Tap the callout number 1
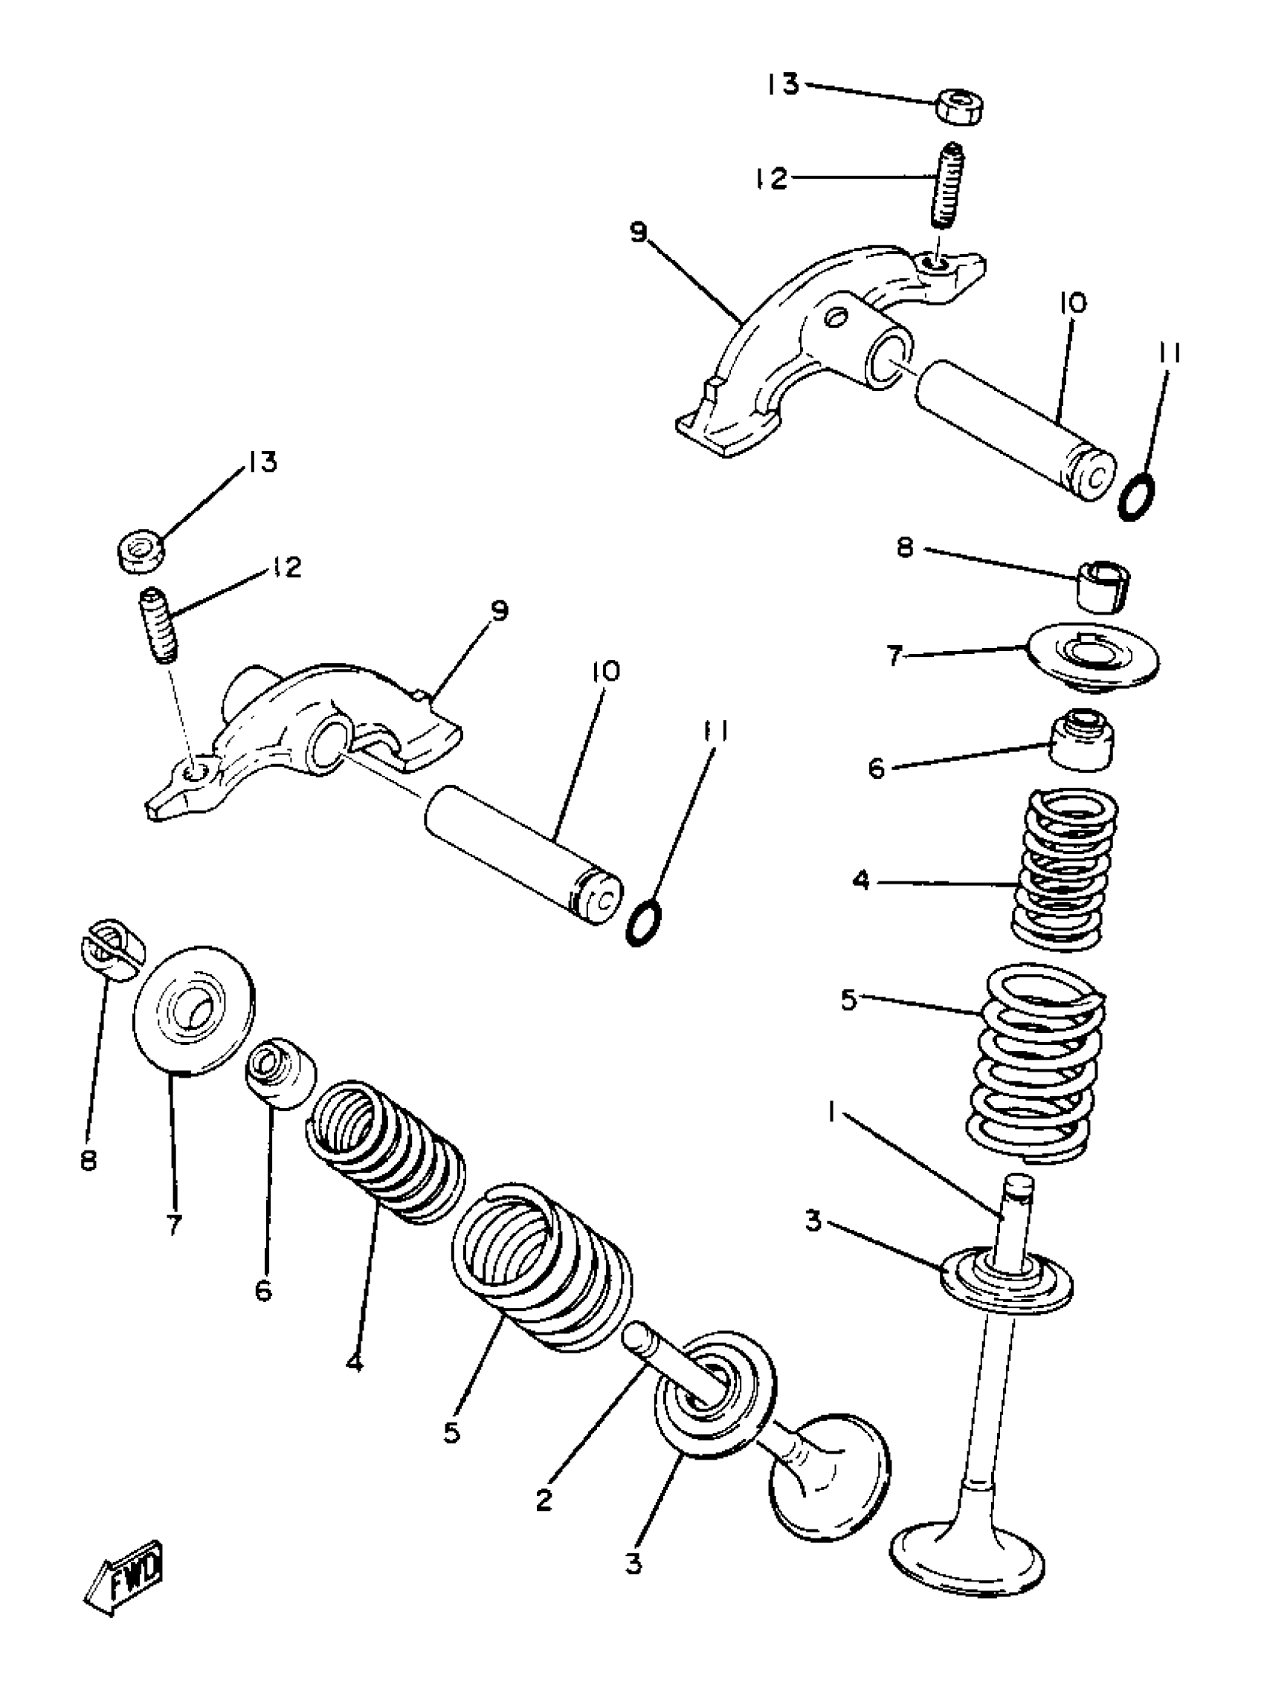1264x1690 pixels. coord(830,1114)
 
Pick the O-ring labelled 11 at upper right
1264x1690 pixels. coord(1136,497)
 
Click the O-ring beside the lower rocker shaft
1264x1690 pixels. coord(643,922)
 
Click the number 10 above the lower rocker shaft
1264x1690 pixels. coord(604,672)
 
